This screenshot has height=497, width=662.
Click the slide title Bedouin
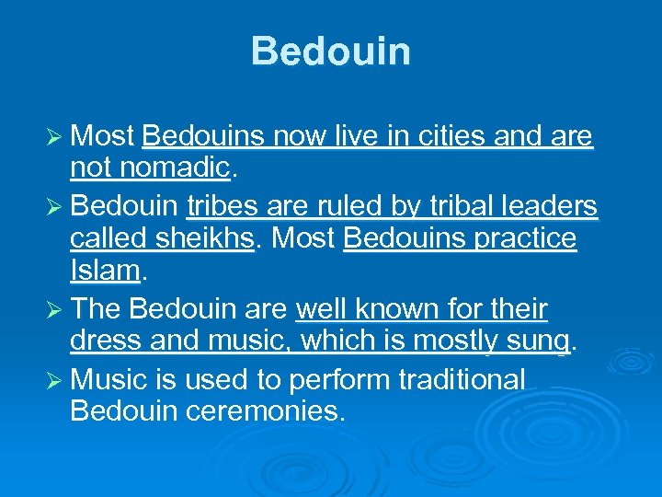[330, 52]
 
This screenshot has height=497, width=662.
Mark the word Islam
[104, 271]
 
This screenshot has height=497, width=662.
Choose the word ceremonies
[267, 410]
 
